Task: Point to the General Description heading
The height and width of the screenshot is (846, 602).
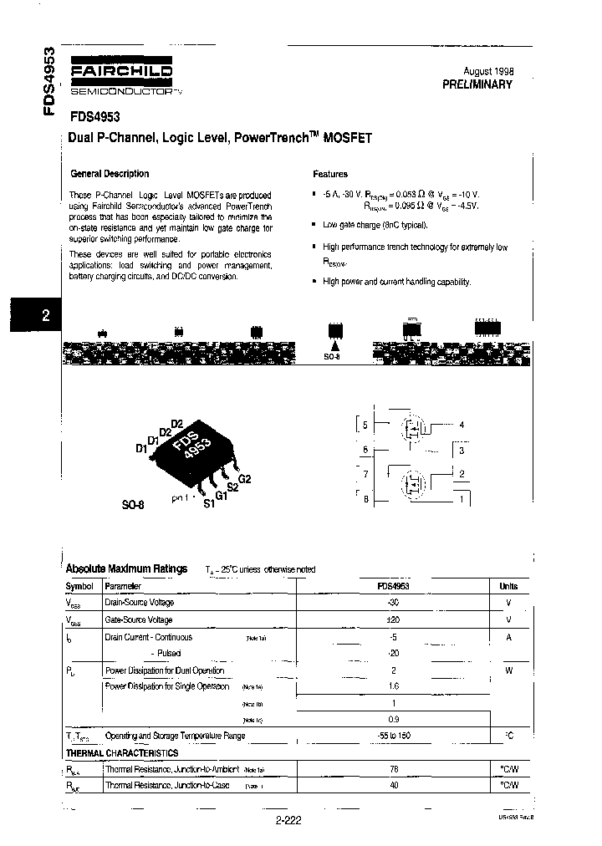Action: pos(110,174)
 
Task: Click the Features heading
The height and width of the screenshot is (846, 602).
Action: pos(330,174)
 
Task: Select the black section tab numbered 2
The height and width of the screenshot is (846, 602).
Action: pos(45,315)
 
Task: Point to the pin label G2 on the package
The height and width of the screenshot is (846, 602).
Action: pos(245,479)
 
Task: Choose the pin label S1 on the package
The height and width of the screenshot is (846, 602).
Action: pos(208,505)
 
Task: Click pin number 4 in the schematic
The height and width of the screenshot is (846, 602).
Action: pos(462,425)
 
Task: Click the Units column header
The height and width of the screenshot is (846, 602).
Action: pos(508,587)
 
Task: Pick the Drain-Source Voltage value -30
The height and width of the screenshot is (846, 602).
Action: pos(394,603)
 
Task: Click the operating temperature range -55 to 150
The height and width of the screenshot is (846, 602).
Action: pos(394,736)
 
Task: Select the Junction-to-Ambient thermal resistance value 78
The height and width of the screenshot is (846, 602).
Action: pos(394,769)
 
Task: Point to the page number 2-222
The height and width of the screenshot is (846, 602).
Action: pos(287,820)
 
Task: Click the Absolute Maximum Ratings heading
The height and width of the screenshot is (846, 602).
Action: pos(126,568)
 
